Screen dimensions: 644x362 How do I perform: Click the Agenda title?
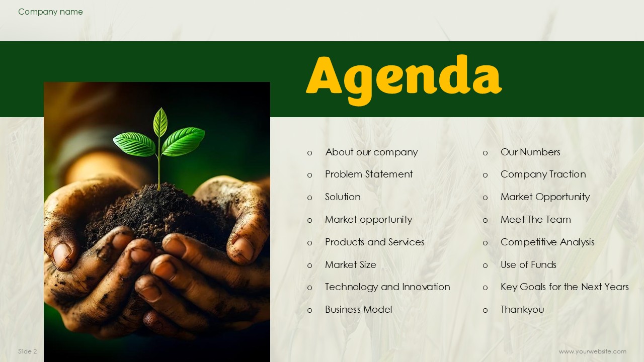click(x=404, y=79)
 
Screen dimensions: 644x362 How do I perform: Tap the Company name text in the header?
click(x=50, y=12)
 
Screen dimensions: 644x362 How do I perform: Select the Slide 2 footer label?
click(x=28, y=351)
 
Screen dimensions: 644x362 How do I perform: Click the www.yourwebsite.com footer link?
click(x=593, y=351)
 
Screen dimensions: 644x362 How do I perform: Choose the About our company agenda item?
click(x=371, y=152)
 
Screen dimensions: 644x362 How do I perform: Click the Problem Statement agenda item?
click(x=369, y=174)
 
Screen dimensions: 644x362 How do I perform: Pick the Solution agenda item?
click(x=343, y=197)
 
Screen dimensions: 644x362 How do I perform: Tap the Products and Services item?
click(x=375, y=242)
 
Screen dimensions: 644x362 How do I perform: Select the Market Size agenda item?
click(x=351, y=264)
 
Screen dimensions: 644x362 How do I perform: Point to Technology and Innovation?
click(x=387, y=287)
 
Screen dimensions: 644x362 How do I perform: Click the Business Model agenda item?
click(x=359, y=309)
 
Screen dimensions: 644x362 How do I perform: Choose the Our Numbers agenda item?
click(x=530, y=152)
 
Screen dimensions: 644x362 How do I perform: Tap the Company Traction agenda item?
click(x=543, y=174)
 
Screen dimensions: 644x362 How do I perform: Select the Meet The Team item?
click(x=536, y=220)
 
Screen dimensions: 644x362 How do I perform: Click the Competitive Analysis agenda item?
click(x=547, y=242)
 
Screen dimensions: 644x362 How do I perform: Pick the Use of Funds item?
click(x=528, y=264)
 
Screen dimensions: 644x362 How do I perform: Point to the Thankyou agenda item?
click(x=522, y=310)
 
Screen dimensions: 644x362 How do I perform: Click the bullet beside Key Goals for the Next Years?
click(x=486, y=288)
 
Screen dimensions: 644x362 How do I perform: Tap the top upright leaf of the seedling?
click(x=160, y=122)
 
